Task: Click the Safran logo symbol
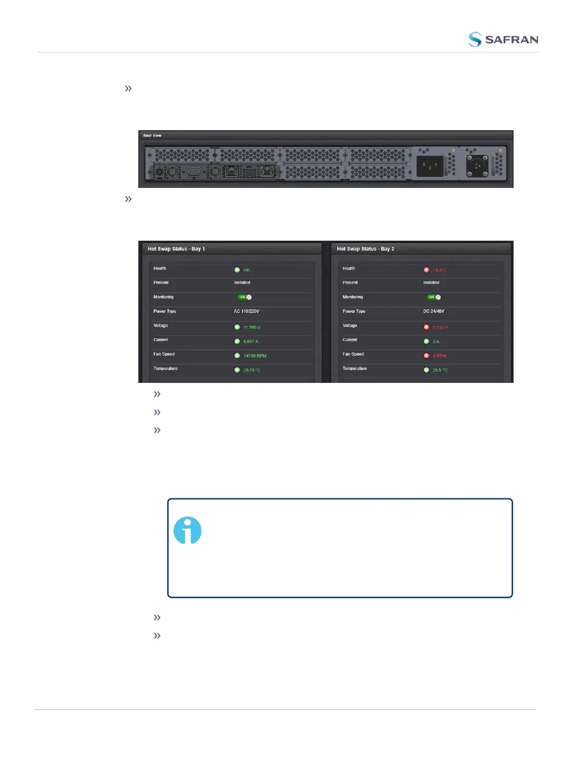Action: pos(475,39)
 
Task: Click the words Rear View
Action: pos(152,135)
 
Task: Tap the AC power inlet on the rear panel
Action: pos(429,167)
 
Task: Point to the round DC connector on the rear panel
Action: pos(478,166)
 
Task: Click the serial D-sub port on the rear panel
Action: pos(194,172)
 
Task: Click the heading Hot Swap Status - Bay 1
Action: pos(176,249)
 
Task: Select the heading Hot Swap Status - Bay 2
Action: pos(366,249)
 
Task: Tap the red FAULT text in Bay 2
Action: pos(439,270)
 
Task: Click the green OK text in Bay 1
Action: pos(247,270)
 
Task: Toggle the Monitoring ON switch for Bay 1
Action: pos(245,297)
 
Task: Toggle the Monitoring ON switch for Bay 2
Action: pos(434,297)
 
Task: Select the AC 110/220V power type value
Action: pos(246,311)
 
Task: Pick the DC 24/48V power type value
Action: pos(434,311)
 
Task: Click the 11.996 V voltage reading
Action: pos(252,327)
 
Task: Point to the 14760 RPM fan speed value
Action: pos(255,356)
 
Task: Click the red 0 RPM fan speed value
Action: pos(440,356)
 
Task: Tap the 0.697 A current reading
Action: pos(251,342)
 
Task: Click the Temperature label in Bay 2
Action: pos(355,368)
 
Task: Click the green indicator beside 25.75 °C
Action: pos(237,370)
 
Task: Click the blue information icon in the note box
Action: pos(187,530)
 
